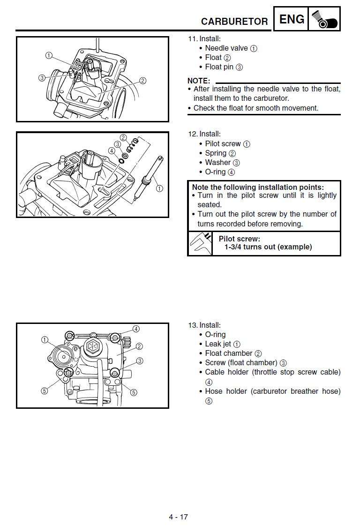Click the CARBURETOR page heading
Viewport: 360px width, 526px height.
234,22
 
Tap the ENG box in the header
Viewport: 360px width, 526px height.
292,19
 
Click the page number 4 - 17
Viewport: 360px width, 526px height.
179,517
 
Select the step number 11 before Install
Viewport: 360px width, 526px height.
192,39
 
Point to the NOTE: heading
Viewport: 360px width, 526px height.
198,81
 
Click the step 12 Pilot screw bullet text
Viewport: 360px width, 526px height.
223,144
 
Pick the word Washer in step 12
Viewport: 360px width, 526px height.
217,163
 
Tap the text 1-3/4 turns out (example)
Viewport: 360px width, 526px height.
268,247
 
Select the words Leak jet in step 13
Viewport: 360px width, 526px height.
218,344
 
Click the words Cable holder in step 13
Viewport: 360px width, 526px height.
227,372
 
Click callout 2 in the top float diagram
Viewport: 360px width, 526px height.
143,81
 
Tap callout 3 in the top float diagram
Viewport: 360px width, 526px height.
42,78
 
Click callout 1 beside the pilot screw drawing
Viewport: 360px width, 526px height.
159,188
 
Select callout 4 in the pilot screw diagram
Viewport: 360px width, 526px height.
111,151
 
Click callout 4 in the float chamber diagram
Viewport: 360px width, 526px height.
136,329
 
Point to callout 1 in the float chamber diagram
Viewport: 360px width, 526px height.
45,339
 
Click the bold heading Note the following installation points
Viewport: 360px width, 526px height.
258,187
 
